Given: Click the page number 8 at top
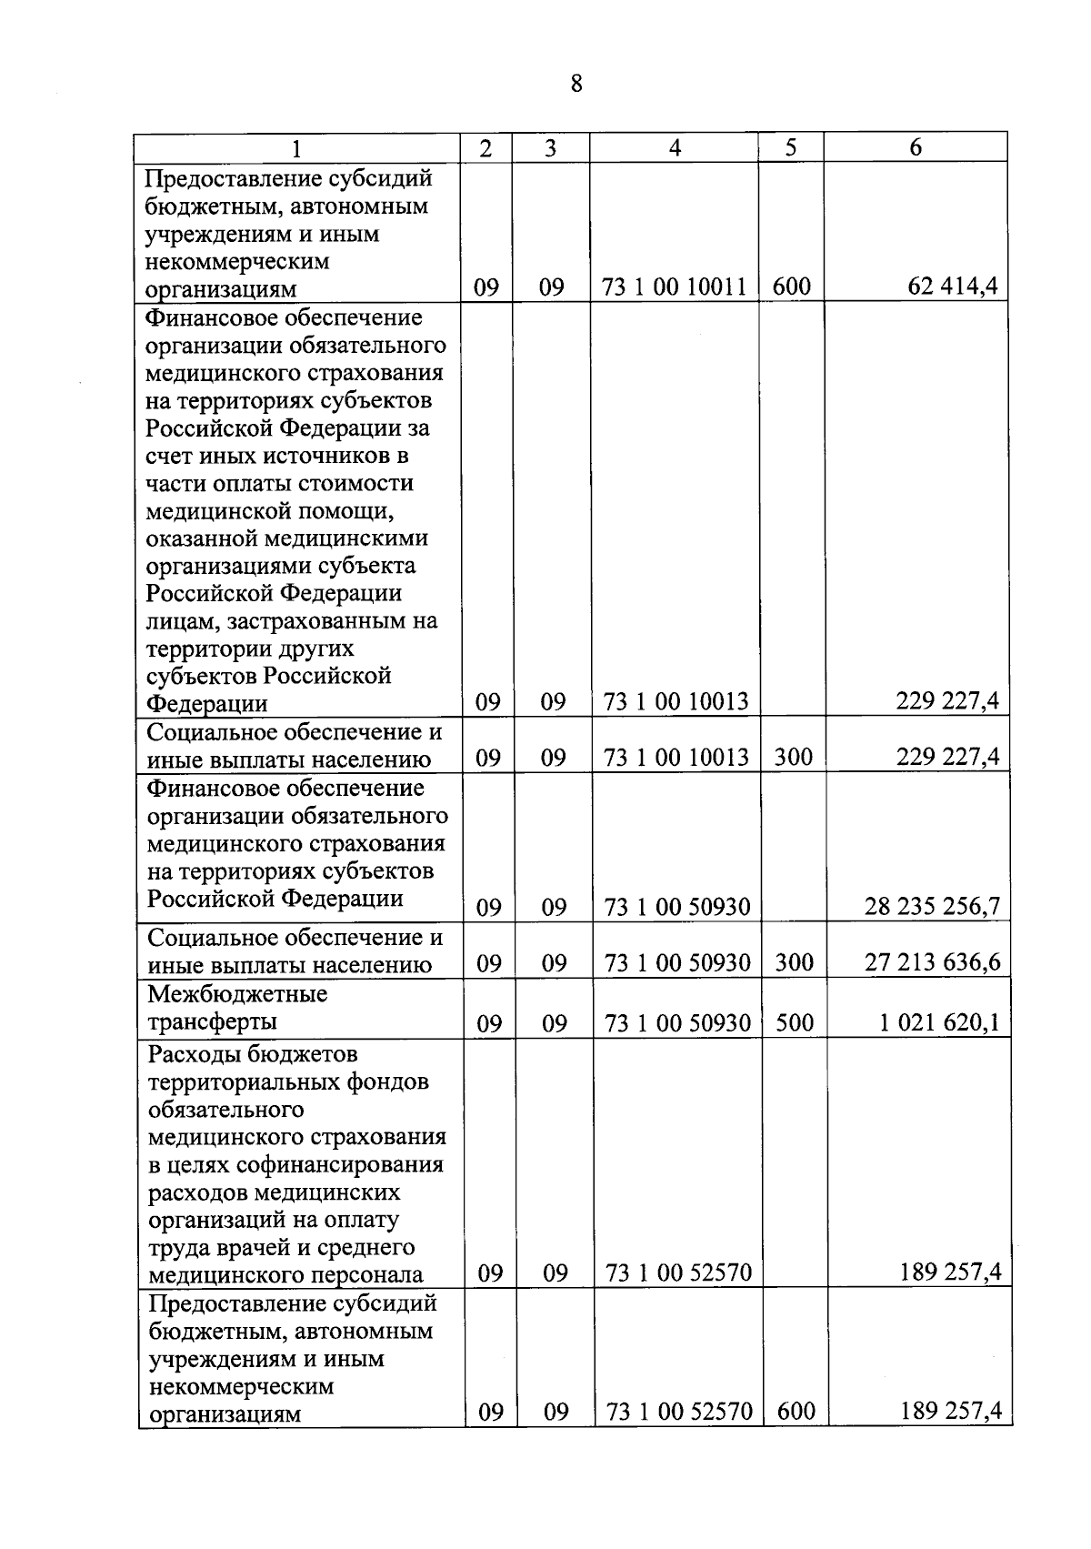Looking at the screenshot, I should click(x=576, y=85).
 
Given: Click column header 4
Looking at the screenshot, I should click(x=675, y=148).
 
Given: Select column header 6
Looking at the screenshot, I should click(x=916, y=148).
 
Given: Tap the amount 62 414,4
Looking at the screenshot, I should click(x=953, y=287).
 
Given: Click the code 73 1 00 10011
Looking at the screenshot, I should click(x=675, y=288).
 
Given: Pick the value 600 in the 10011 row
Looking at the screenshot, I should click(x=791, y=288).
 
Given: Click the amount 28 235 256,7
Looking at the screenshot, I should click(x=933, y=906).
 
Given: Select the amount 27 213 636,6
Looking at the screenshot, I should click(x=933, y=962).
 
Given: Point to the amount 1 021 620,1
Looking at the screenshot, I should click(x=939, y=1022).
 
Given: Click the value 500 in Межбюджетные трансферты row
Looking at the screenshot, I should click(x=795, y=1023).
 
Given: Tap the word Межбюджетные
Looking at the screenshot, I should click(x=237, y=994).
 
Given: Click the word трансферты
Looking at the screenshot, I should click(x=212, y=1021).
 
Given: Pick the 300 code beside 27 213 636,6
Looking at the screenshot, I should click(x=795, y=963).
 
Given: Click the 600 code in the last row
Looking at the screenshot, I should click(x=796, y=1411).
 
